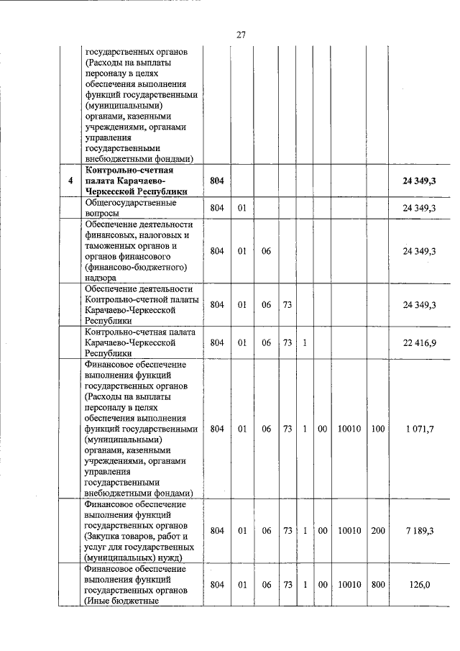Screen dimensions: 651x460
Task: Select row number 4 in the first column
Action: tap(70, 181)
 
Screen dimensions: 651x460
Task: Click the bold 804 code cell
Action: tap(217, 181)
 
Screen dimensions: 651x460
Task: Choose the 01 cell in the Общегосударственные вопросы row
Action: tap(242, 208)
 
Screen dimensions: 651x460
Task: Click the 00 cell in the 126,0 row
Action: tap(323, 585)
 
